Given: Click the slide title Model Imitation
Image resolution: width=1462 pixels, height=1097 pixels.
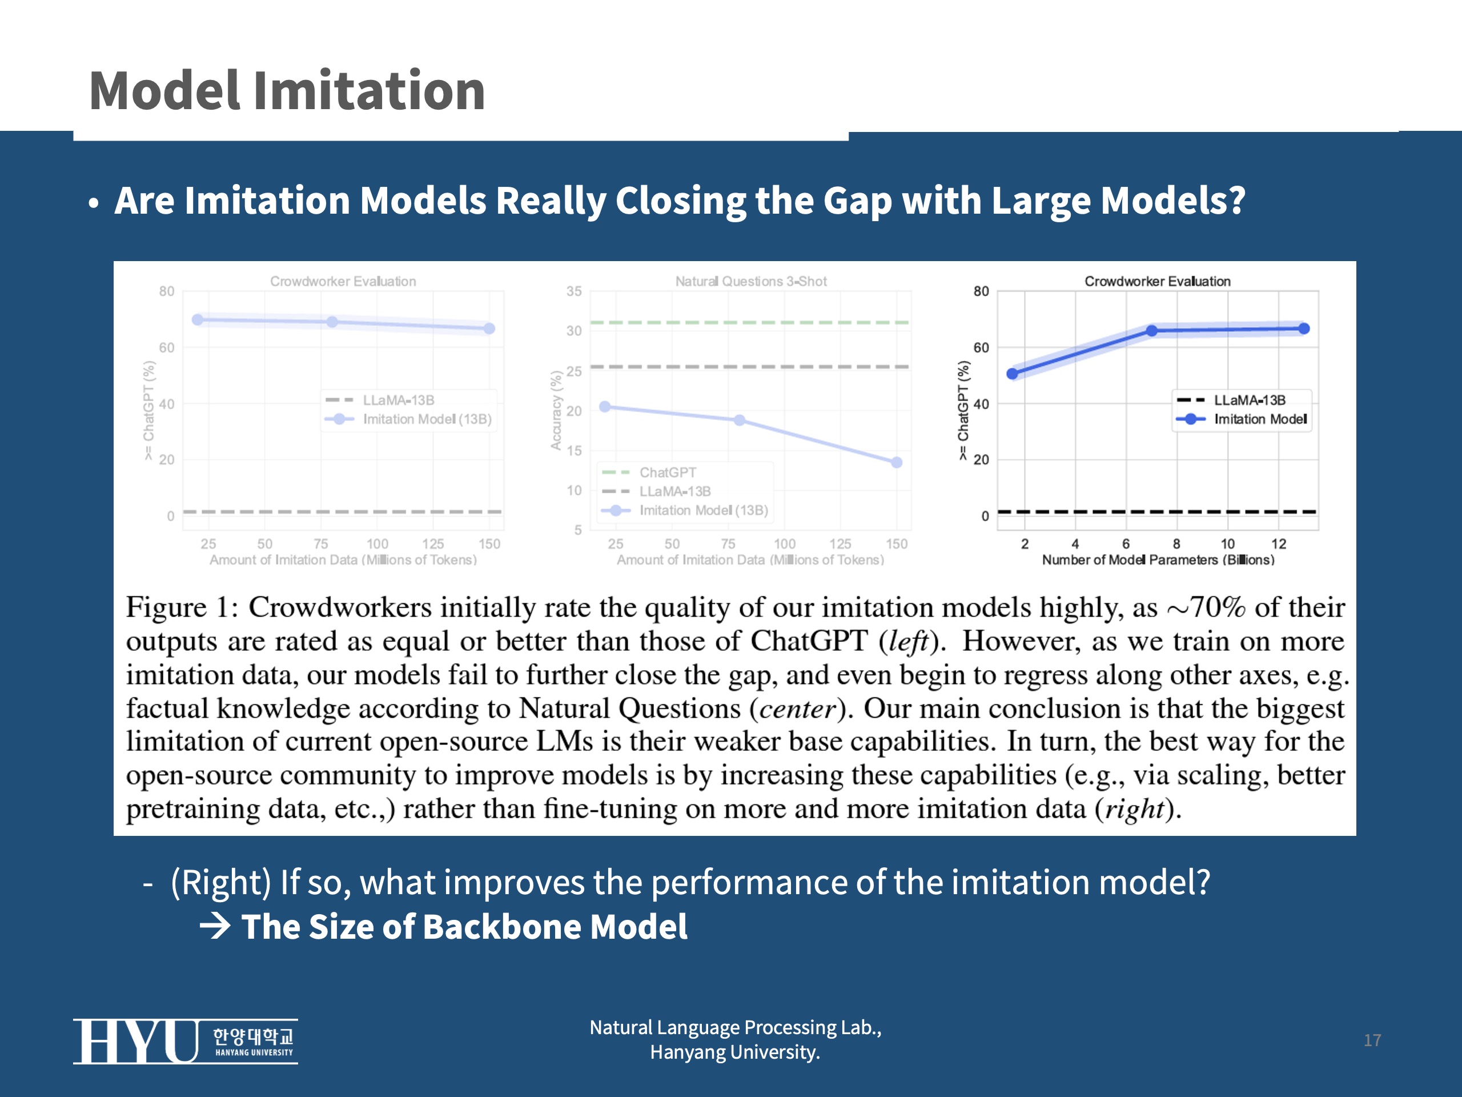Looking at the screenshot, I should coord(287,91).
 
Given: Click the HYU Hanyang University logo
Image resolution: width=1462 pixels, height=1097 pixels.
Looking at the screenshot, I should coord(185,1041).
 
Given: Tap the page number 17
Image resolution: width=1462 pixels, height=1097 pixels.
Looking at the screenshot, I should coord(1372,1040).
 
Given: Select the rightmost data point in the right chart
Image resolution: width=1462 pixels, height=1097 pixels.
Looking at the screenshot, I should coord(1303,329).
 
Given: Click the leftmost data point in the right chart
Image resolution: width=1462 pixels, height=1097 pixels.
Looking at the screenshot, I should coord(1012,374).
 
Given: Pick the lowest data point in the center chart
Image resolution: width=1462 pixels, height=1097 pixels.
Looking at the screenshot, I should coord(896,462).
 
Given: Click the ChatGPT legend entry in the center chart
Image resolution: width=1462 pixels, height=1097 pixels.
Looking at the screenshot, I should coord(667,472).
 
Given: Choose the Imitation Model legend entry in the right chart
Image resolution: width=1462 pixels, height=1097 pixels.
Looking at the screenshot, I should coord(1259,419).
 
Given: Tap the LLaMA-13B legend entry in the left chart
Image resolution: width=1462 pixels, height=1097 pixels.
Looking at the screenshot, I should coord(398,400).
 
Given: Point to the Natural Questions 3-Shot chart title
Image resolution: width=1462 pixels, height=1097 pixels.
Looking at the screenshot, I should coord(751,281).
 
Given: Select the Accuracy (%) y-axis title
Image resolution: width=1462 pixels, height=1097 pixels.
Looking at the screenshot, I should coord(556,410).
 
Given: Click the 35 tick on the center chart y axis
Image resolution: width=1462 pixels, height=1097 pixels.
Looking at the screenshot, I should coord(574,291).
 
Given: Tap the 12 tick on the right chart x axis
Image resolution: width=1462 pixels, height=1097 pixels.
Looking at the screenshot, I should coord(1278,543).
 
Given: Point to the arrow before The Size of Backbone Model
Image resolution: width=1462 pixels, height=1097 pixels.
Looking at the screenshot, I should coord(215,926).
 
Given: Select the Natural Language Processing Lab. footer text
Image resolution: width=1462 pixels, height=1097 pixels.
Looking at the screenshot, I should coord(735,1027).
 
